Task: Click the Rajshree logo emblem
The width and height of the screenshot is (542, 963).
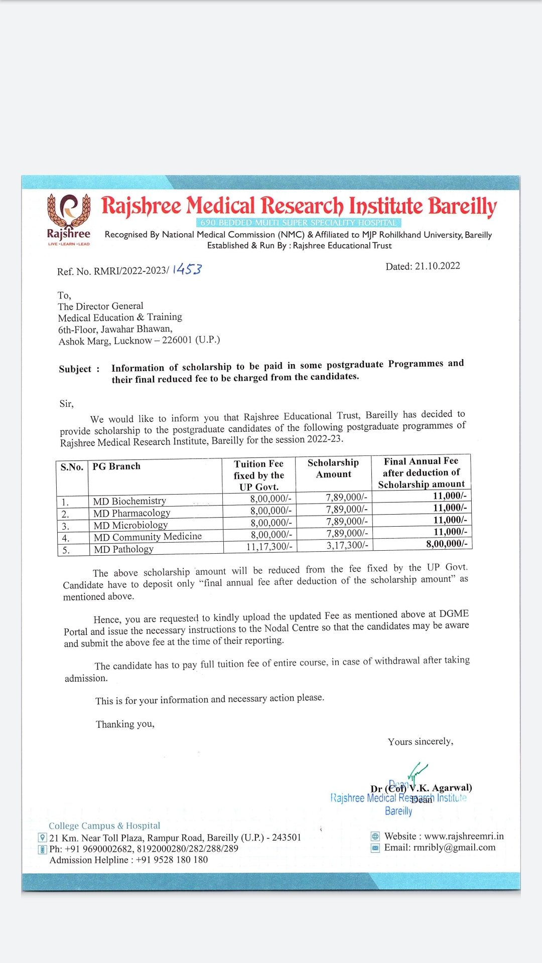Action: click(69, 211)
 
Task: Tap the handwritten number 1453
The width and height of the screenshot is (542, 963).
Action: click(187, 269)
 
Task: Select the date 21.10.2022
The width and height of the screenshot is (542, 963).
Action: click(437, 266)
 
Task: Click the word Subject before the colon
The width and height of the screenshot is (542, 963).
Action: click(75, 369)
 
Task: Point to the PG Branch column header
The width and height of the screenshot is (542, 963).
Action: click(116, 466)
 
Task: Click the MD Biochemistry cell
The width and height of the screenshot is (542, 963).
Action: click(129, 501)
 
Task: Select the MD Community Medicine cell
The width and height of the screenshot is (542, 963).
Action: click(148, 537)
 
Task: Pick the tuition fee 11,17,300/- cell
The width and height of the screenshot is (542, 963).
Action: click(269, 547)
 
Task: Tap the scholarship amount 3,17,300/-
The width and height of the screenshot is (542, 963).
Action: click(347, 545)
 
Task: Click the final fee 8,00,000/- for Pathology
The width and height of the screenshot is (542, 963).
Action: click(446, 544)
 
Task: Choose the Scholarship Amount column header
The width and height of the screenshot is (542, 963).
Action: click(333, 468)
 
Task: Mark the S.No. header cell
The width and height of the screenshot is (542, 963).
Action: click(72, 467)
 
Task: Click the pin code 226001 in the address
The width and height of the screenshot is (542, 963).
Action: click(177, 340)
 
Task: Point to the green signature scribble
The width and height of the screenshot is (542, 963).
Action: click(417, 772)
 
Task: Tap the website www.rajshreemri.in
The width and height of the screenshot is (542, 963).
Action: click(464, 836)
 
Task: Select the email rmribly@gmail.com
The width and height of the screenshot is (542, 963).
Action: click(454, 848)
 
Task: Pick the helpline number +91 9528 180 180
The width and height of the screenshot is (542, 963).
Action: click(172, 860)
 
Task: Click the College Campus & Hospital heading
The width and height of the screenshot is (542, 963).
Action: click(104, 826)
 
